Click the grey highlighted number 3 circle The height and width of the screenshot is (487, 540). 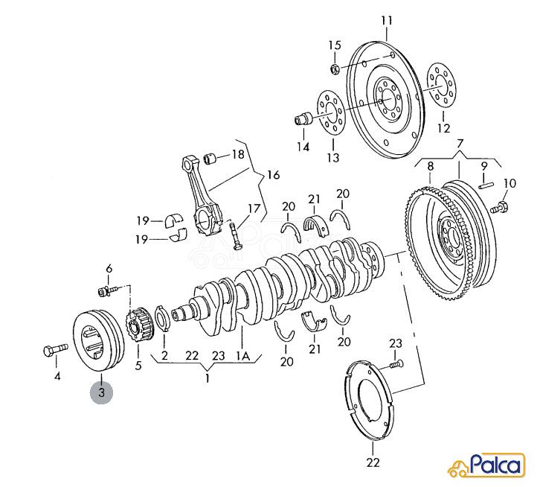point(102,393)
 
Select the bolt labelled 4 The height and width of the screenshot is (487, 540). point(56,349)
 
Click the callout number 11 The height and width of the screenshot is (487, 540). point(387,21)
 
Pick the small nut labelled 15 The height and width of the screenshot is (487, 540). point(335,69)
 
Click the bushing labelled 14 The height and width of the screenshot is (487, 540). point(303,119)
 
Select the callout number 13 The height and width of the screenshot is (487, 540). point(333,158)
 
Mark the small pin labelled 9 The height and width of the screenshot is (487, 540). point(486,185)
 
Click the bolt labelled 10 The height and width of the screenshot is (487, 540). point(498,208)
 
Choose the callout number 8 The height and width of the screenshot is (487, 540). point(431,166)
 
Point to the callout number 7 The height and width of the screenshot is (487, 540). point(460,143)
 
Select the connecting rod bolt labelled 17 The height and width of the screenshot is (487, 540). point(235,236)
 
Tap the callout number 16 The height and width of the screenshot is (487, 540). point(273,175)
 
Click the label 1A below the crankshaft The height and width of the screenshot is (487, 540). point(242,356)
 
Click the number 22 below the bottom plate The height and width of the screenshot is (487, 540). point(373,462)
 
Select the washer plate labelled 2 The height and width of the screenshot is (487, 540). point(163,319)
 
